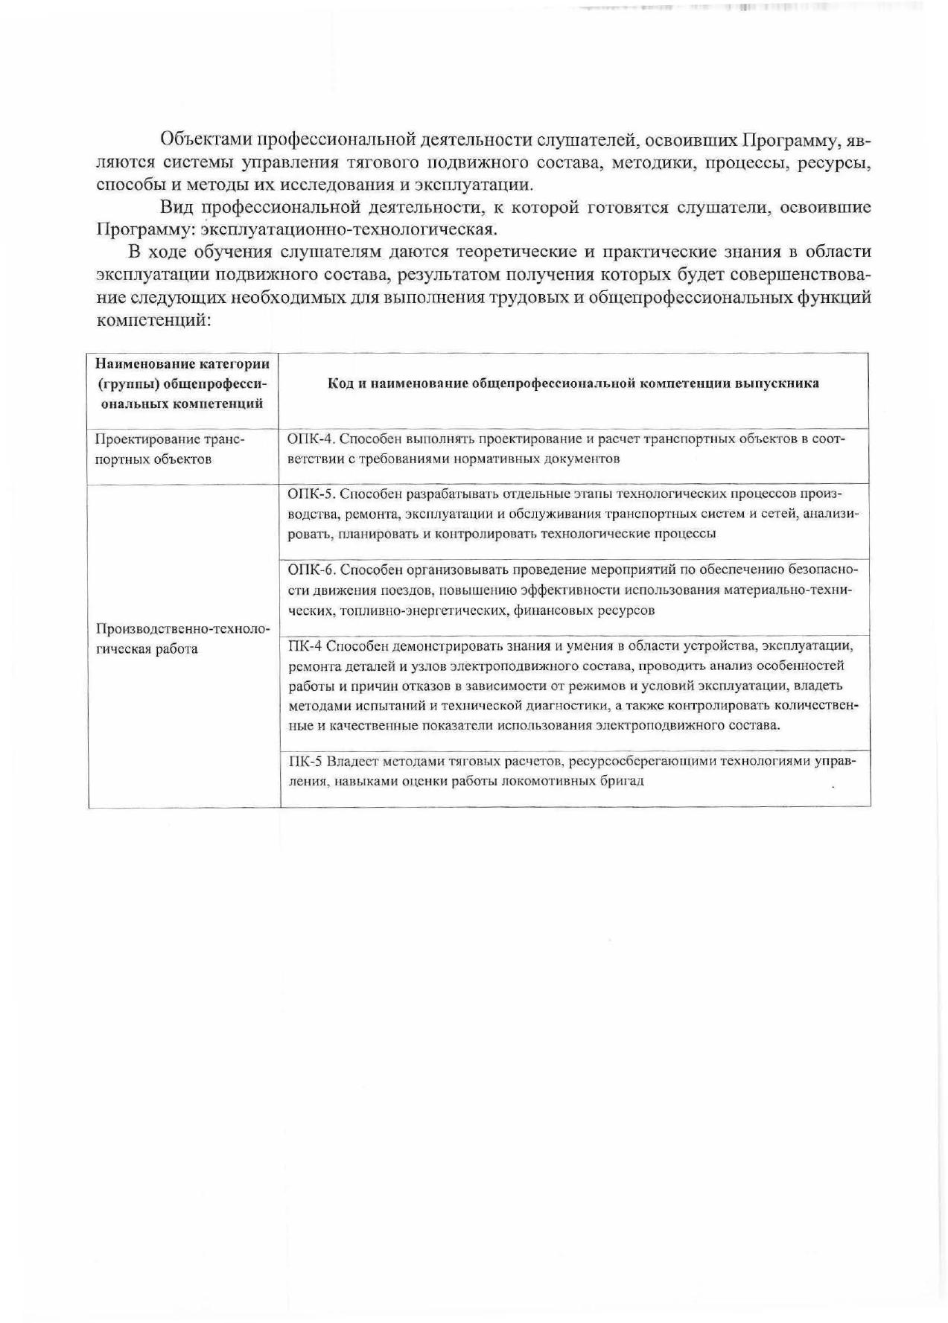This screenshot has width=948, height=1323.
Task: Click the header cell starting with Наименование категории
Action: (182, 383)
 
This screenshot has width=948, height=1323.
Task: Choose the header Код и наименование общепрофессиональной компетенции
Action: (573, 383)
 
